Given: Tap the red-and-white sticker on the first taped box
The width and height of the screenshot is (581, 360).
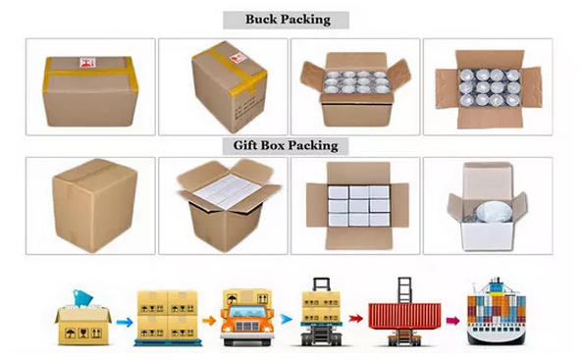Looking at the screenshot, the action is click(x=87, y=63).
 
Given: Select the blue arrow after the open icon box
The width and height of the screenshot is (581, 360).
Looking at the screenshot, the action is click(x=125, y=322).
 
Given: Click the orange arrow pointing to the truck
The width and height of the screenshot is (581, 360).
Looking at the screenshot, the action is click(x=209, y=321).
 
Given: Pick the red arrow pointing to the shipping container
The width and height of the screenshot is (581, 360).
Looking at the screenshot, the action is click(x=355, y=318).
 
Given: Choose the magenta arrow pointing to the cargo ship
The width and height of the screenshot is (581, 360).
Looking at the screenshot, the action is click(x=452, y=321).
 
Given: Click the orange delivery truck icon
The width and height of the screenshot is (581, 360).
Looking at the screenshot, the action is click(x=247, y=318).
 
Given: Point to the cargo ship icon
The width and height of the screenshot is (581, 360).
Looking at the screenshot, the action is click(x=497, y=313).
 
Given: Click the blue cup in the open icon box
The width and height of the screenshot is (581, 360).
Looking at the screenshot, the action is click(x=82, y=297).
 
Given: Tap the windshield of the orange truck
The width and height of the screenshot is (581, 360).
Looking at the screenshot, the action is click(x=247, y=312).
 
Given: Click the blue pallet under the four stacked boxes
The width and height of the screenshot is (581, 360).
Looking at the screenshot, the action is click(x=168, y=342).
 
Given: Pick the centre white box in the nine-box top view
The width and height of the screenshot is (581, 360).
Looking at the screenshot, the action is click(x=358, y=206).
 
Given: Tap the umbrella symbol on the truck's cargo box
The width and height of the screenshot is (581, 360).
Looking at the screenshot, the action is click(x=233, y=298).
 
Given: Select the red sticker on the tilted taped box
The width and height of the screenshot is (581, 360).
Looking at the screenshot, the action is click(x=238, y=59).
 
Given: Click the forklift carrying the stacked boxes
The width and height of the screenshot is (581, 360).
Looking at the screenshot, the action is click(x=321, y=312).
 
